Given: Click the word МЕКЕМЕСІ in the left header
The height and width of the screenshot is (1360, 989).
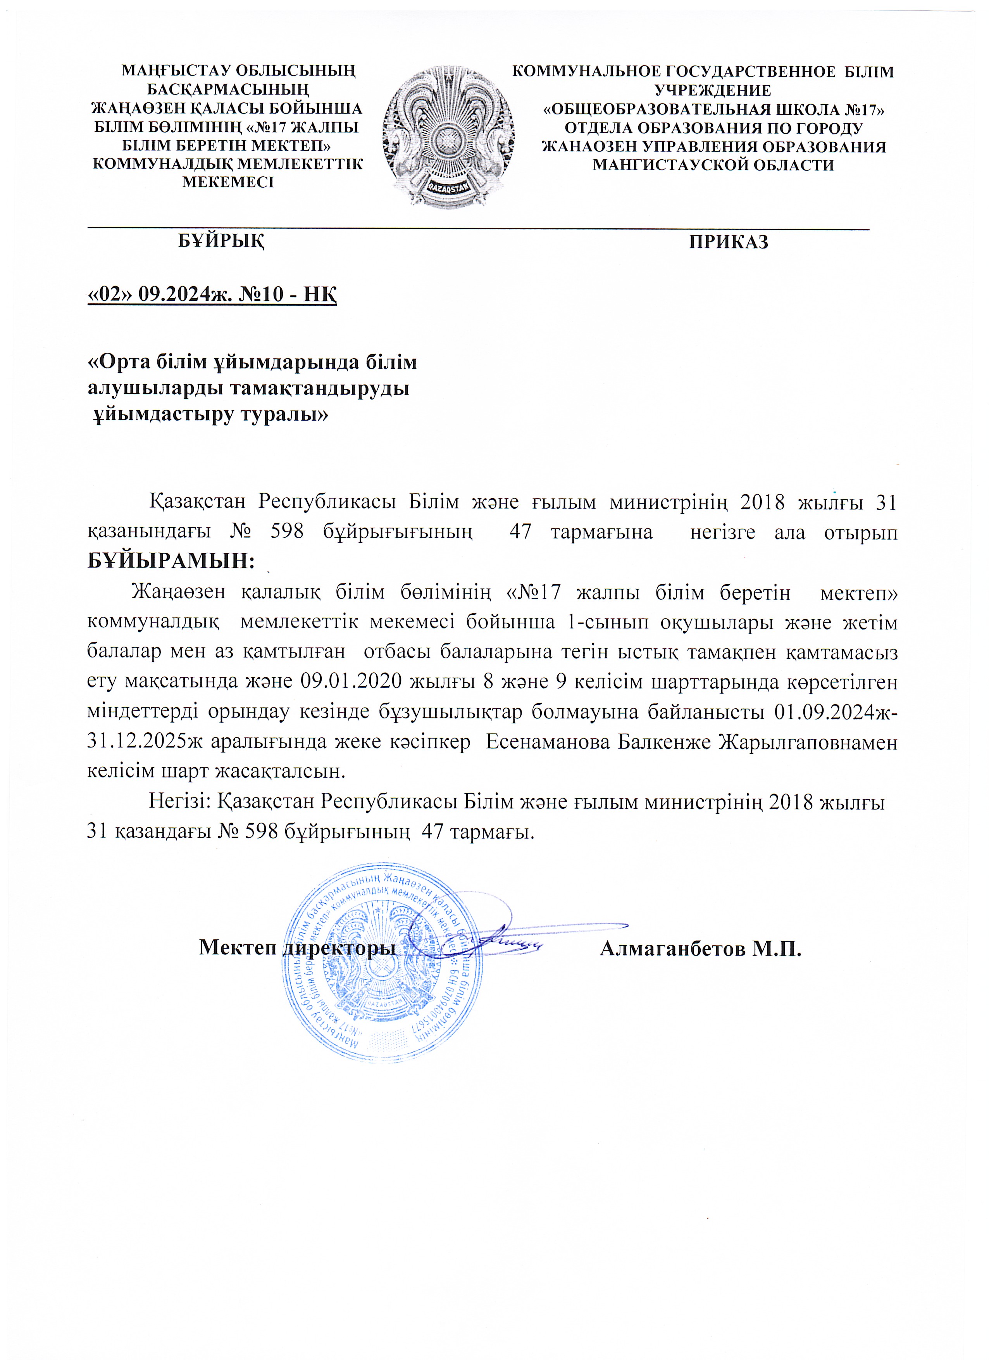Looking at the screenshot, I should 228,182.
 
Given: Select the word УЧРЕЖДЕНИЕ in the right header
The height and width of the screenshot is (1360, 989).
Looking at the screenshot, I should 713,91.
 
